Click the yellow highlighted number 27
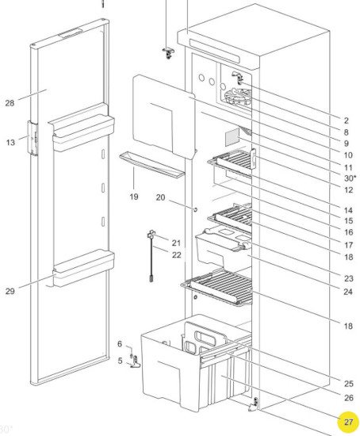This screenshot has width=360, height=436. point(348,422)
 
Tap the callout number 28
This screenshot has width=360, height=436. point(10,103)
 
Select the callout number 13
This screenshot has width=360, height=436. point(10,143)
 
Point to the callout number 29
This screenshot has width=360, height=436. point(10,292)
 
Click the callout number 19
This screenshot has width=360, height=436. point(134,197)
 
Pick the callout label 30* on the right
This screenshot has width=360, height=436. point(350,178)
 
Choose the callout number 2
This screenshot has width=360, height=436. point(346,120)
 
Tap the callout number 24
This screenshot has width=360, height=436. point(348,292)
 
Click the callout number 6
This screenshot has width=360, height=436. point(120,344)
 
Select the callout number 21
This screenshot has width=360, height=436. point(176,243)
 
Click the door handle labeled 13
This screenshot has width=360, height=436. point(33,138)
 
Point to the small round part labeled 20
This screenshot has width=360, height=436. point(195,209)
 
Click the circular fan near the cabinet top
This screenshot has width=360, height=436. point(238,97)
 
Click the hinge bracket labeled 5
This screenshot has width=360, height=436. point(136,361)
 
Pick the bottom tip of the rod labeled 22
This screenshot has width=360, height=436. point(151,281)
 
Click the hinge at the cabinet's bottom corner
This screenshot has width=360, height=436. point(254,404)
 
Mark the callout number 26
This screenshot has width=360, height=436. point(348,398)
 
